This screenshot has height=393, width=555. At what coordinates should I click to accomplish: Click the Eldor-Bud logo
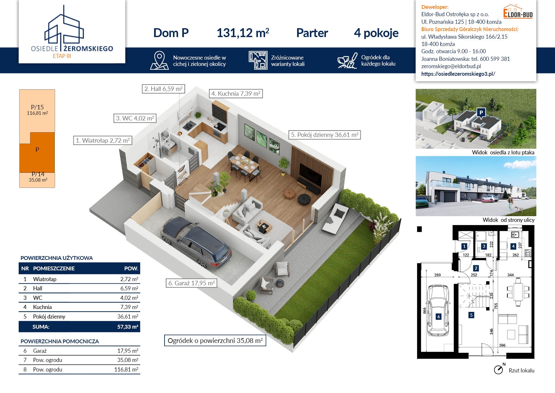point(518,12)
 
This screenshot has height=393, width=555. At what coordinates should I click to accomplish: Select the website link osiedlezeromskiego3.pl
point(458,74)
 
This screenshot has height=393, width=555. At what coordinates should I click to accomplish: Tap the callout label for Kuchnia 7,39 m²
point(236,93)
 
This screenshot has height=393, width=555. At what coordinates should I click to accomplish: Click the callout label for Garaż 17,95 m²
point(191,283)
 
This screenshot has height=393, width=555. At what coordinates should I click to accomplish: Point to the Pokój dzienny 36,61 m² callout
point(325,135)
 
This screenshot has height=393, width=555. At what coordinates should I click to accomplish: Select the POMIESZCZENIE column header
point(54,268)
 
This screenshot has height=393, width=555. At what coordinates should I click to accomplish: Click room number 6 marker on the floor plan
point(438,317)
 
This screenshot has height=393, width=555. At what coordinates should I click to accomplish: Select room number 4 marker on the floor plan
point(513,246)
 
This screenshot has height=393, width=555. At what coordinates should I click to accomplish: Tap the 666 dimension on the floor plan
point(425,311)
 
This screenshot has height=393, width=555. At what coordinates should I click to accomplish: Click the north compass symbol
point(499,369)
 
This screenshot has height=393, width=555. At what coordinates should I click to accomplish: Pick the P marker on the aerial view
point(481,113)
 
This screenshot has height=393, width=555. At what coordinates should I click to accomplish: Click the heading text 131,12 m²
point(243,33)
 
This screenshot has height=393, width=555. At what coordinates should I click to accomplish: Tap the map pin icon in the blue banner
point(159,60)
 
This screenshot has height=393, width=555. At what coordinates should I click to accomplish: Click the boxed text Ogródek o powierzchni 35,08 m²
point(215,341)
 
